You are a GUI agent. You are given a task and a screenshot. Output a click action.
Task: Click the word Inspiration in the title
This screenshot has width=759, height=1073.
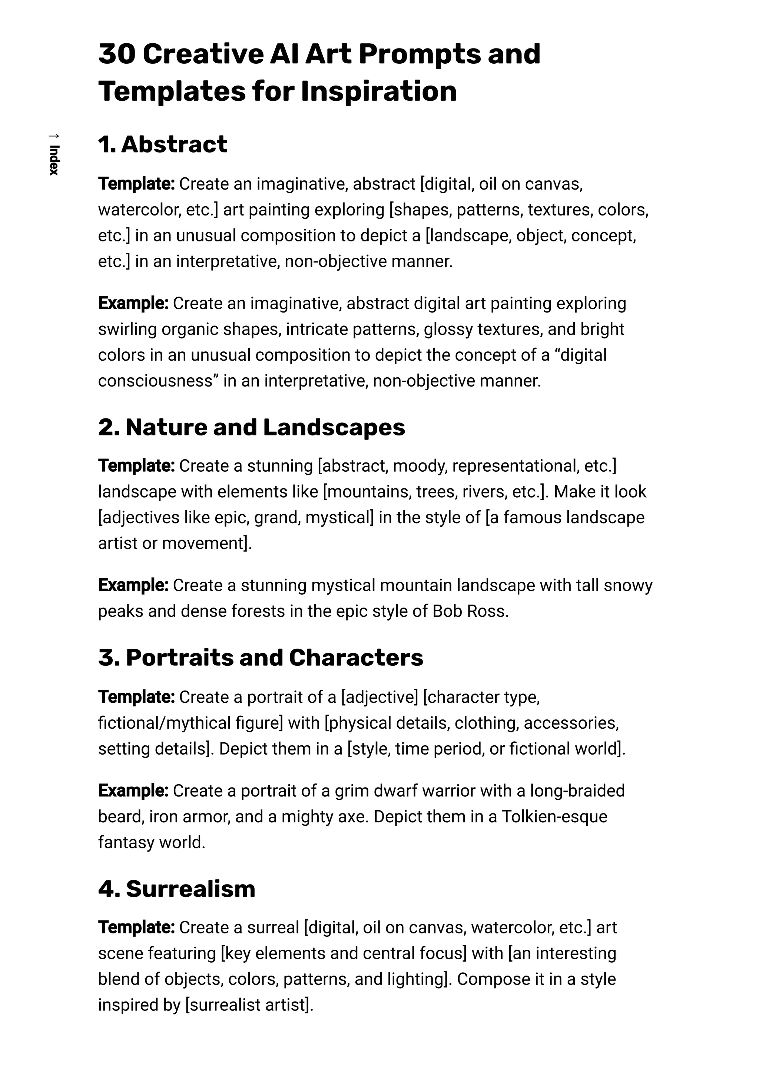pos(379,91)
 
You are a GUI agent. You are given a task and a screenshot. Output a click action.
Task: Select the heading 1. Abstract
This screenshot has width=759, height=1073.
pos(163,144)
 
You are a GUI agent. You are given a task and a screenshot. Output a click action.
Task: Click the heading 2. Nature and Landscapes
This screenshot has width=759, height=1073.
pos(252,427)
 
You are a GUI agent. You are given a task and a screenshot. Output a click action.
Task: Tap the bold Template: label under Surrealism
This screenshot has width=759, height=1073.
pos(136,927)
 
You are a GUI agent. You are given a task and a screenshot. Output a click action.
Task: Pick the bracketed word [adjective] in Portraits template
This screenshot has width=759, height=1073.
pos(379,697)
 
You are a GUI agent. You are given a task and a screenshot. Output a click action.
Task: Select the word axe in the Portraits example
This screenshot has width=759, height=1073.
pos(352,816)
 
